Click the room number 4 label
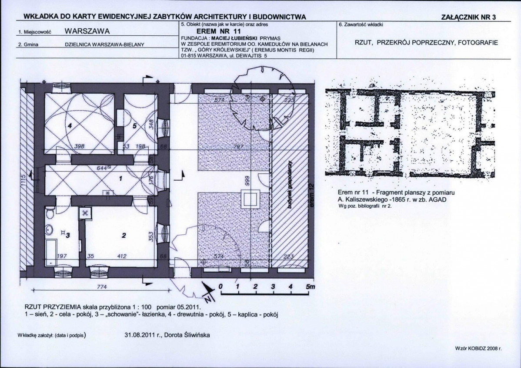tap(70, 125)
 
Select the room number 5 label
tap(134, 126)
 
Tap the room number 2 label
tap(124, 236)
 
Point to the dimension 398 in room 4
tap(79, 146)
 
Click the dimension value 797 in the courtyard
tap(239, 147)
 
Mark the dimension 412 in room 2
tap(122, 257)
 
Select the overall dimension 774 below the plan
tap(101, 287)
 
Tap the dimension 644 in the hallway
tap(102, 168)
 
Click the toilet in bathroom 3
tap(50, 213)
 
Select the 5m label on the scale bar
tap(310, 287)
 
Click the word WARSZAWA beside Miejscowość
tap(87, 31)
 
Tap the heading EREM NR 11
tap(216, 32)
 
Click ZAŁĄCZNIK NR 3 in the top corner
tap(468, 17)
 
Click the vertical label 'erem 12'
tap(311, 195)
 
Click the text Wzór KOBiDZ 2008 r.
tap(478, 349)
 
